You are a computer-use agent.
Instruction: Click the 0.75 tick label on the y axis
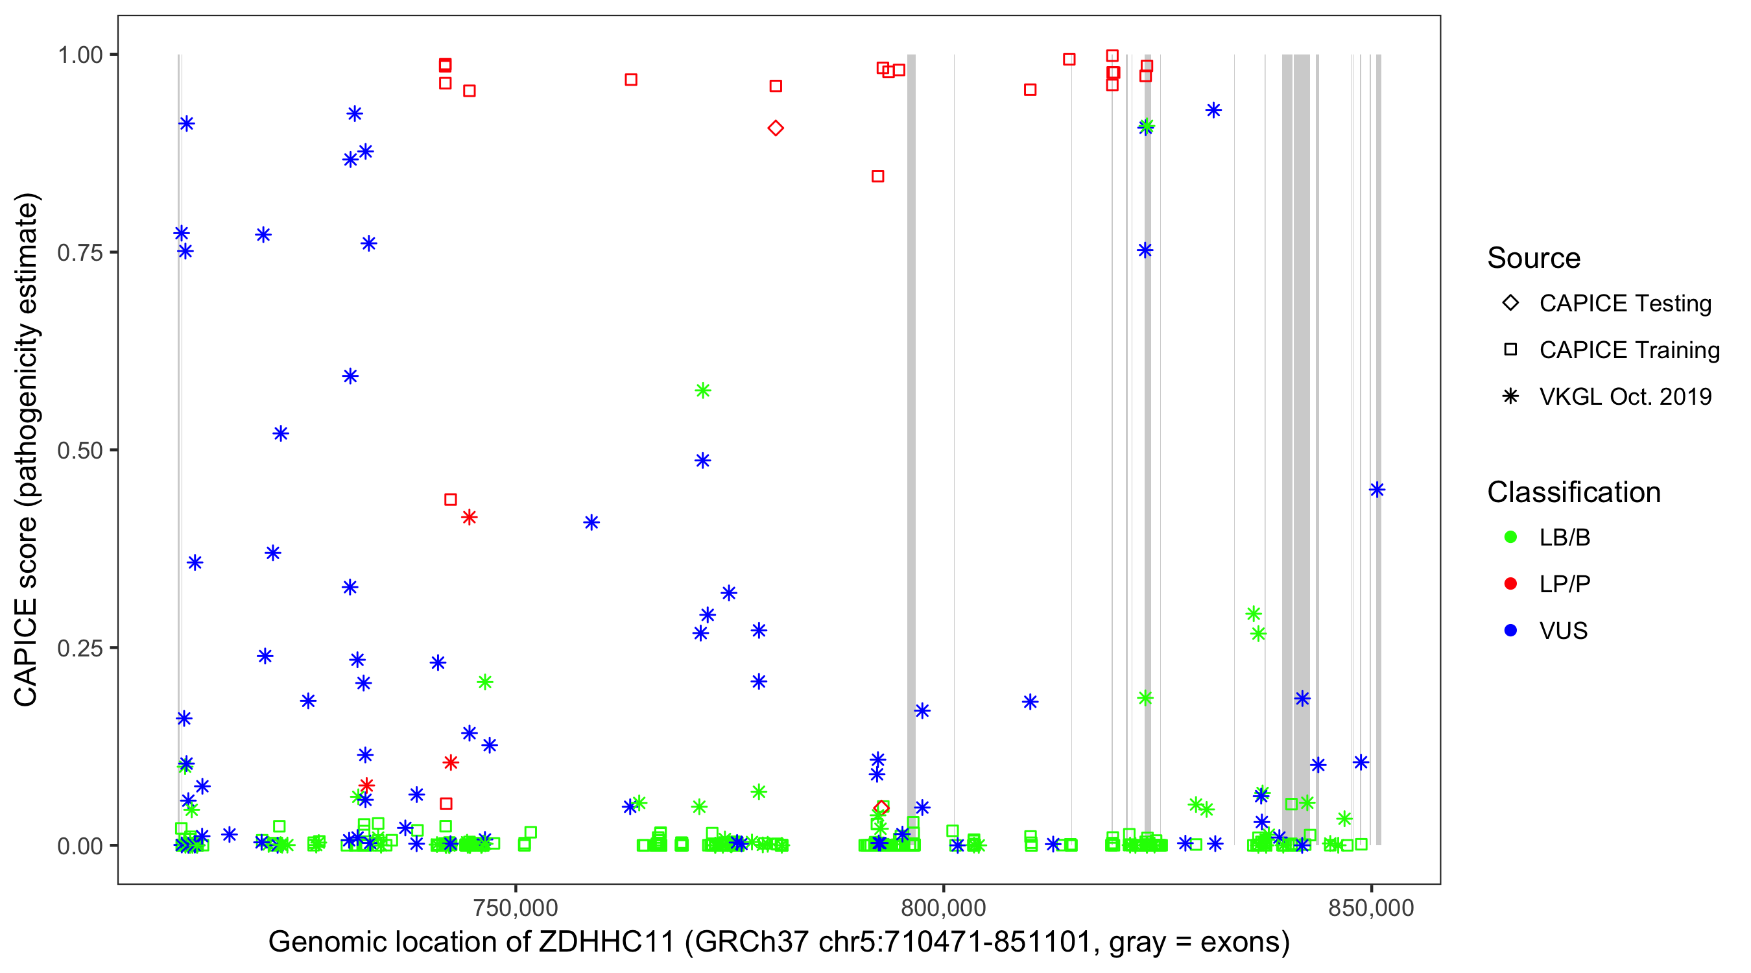coord(79,253)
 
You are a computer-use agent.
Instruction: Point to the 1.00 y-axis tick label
coord(79,55)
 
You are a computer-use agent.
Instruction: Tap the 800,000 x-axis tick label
coord(944,907)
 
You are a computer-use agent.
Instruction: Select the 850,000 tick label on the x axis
coord(1371,907)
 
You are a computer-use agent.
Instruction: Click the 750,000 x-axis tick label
coord(516,907)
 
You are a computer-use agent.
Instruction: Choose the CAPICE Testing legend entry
coord(1625,304)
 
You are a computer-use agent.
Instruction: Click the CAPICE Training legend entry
coord(1628,350)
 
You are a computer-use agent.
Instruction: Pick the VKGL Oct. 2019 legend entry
coord(1625,396)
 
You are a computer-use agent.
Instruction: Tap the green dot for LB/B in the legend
coord(1510,537)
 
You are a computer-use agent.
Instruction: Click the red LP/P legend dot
coord(1510,584)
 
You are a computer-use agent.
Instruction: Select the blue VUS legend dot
coord(1510,631)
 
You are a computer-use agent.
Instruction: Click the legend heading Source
coord(1534,258)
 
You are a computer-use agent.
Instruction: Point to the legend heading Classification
coord(1573,492)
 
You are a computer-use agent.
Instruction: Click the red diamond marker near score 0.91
coord(776,128)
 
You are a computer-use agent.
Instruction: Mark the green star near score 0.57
coord(703,390)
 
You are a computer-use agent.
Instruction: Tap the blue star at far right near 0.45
coord(1376,490)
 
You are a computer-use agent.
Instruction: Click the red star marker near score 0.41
coord(469,518)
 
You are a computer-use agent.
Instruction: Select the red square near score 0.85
coord(877,176)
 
